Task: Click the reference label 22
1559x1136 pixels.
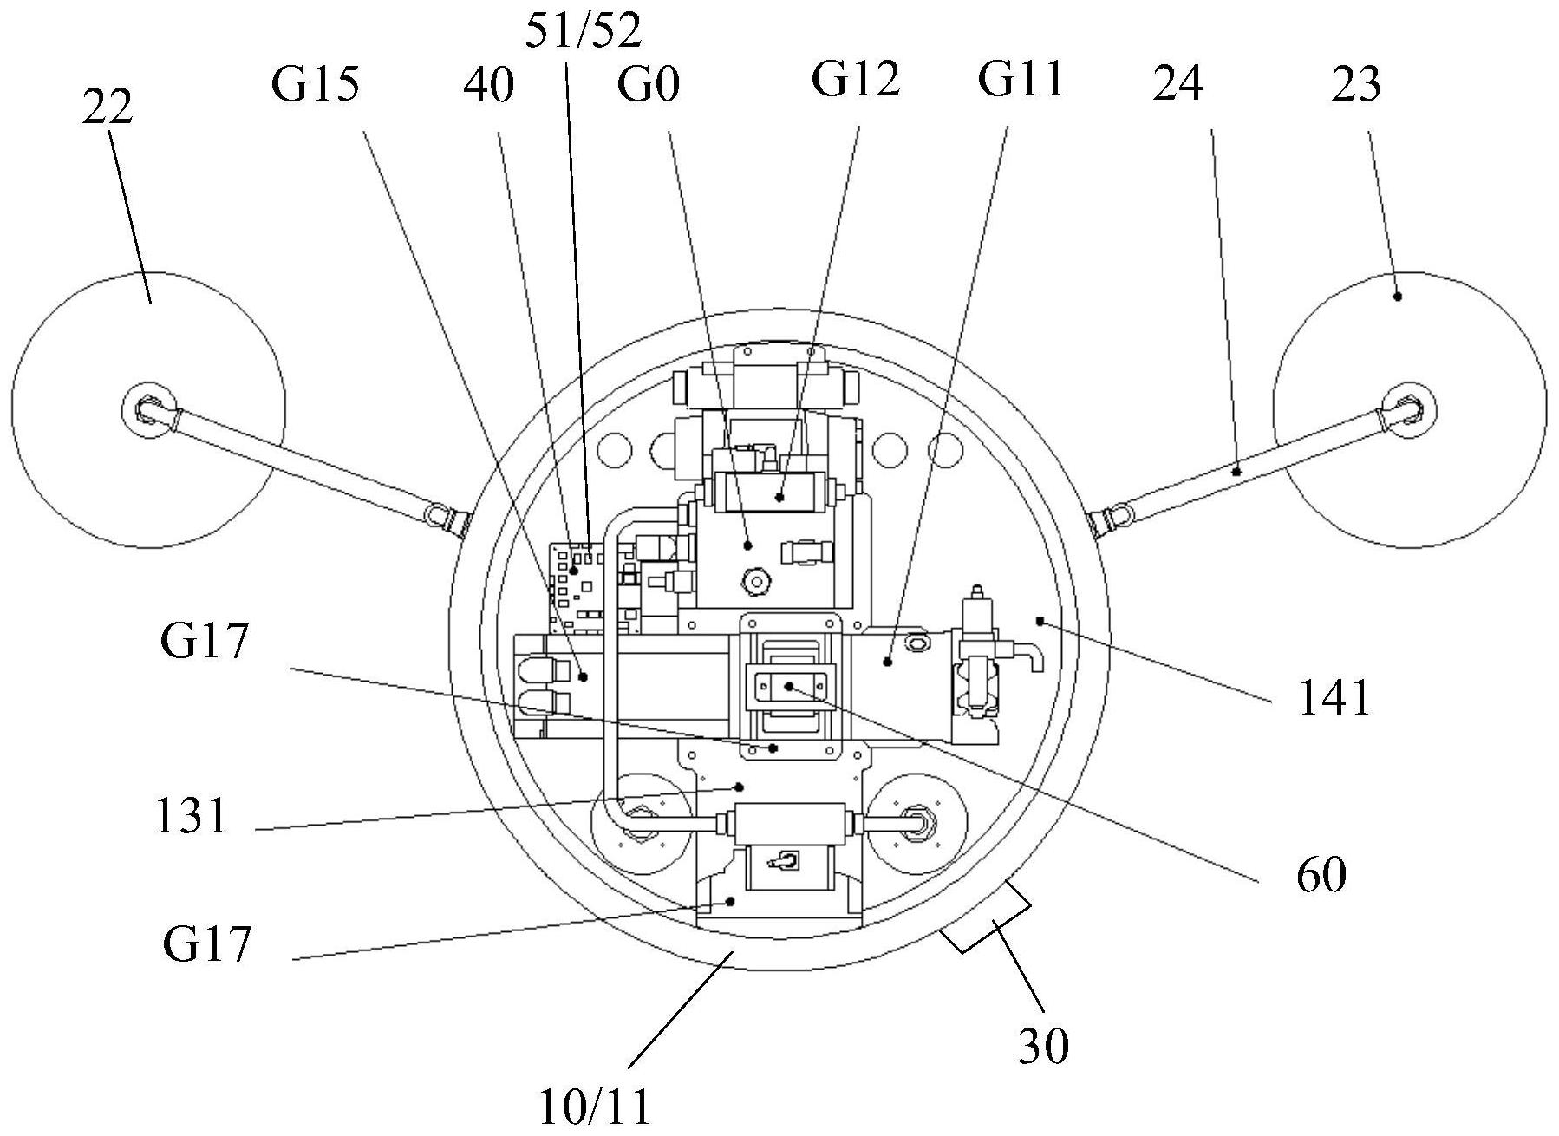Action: point(108,108)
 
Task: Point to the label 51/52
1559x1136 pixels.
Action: point(584,31)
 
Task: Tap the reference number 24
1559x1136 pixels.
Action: point(1177,85)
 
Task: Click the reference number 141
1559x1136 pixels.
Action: point(1334,696)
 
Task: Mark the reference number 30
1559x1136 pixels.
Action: point(1043,1046)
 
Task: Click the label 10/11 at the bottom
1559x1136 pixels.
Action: point(595,1107)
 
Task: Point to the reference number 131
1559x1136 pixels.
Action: point(191,816)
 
